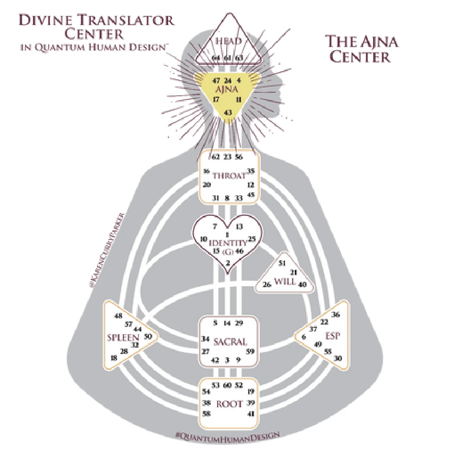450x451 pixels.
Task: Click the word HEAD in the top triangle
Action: click(x=229, y=42)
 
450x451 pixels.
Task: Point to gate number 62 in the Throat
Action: click(x=214, y=156)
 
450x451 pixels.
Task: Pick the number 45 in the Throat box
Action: click(x=250, y=194)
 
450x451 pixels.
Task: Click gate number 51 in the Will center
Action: click(x=282, y=263)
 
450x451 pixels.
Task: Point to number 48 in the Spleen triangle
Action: click(x=118, y=316)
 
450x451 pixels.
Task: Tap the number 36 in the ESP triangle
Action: click(x=336, y=315)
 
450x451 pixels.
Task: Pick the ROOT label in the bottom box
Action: click(x=229, y=404)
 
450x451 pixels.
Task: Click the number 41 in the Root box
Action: click(x=250, y=414)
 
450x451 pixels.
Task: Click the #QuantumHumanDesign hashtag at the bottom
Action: click(x=228, y=434)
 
